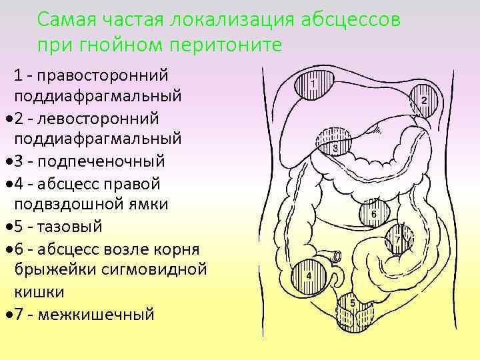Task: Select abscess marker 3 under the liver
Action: coord(335,142)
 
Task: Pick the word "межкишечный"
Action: coord(97,313)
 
